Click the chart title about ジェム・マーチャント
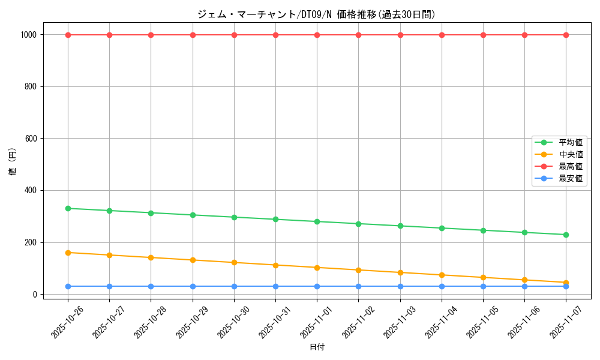coord(316,14)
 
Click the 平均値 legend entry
coord(570,143)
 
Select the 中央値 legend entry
coord(570,155)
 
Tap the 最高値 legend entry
coord(570,166)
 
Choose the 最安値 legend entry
coord(570,178)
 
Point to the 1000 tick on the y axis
coord(29,35)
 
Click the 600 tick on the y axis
coord(31,139)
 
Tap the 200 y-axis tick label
coord(31,242)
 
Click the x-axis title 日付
coord(317,347)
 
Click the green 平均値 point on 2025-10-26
coord(68,208)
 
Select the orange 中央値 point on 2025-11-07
coord(566,283)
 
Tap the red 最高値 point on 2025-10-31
coord(275,35)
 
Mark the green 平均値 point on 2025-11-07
coord(566,235)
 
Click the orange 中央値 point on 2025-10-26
coord(68,253)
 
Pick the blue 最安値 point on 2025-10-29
coord(193,286)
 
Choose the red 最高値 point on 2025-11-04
coord(442,35)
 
